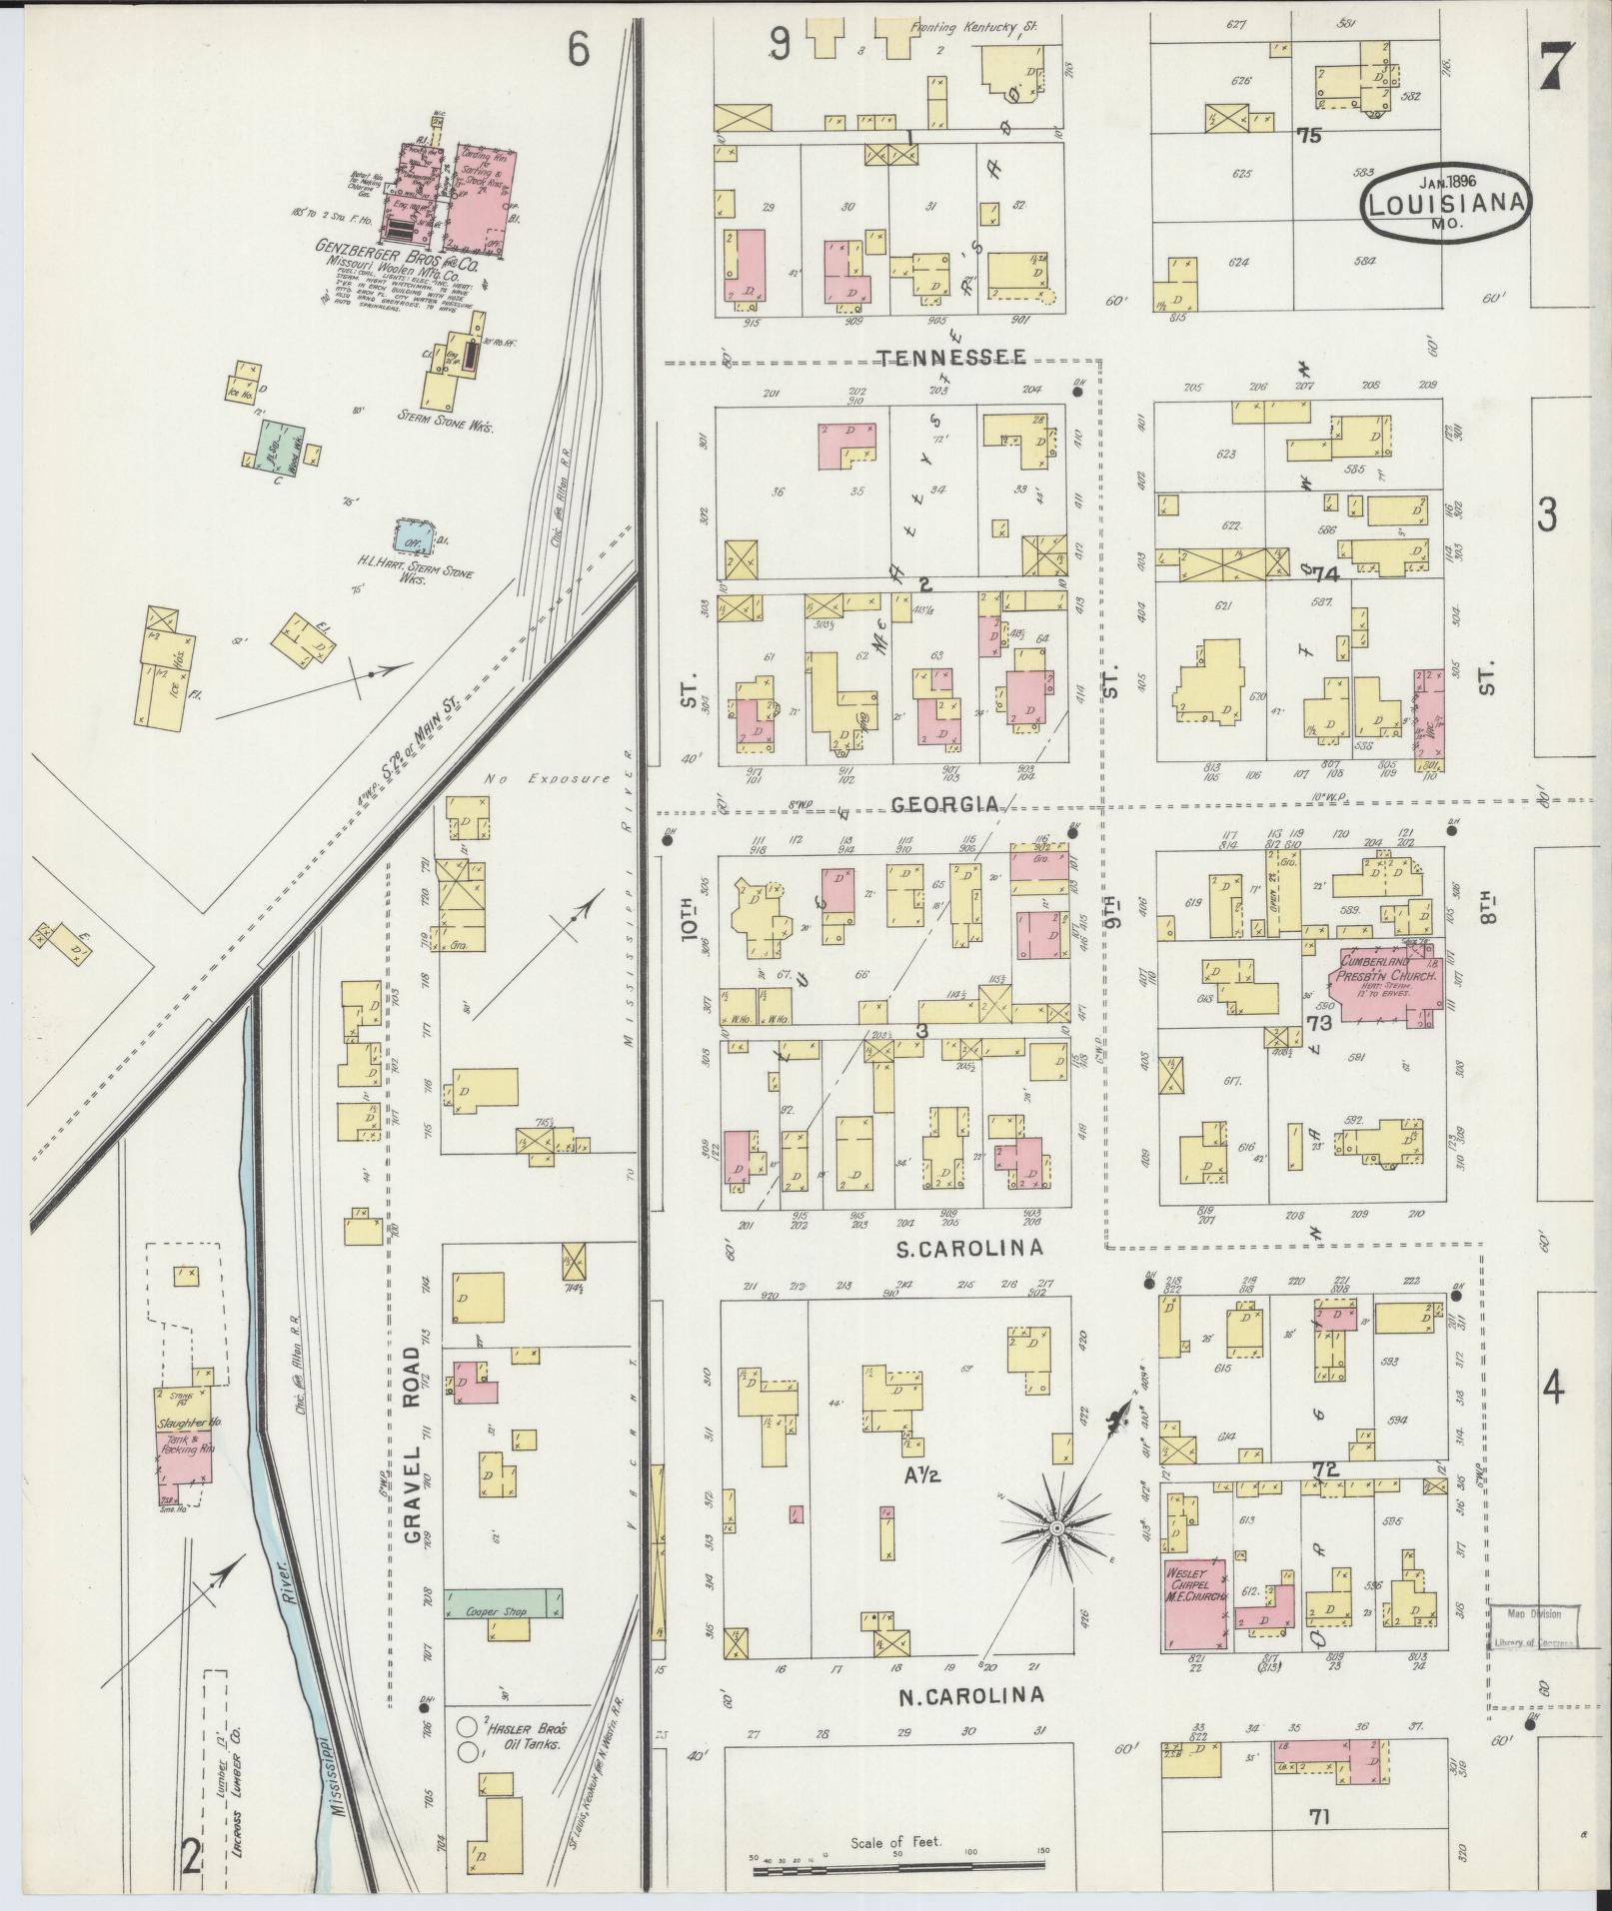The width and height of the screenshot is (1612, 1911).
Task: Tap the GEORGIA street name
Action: [x=943, y=804]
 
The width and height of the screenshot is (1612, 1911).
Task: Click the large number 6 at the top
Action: [x=579, y=49]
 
